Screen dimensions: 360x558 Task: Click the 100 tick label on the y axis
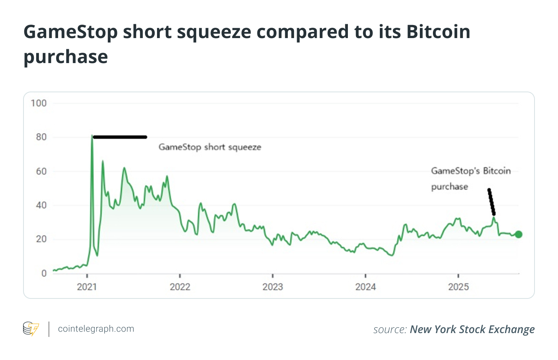(38, 103)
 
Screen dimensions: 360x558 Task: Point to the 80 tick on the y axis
(41, 137)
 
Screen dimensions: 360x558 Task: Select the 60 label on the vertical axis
(41, 172)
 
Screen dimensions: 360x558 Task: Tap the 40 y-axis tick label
(41, 205)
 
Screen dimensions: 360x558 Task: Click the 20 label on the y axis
(41, 239)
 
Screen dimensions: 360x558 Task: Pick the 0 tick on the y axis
(44, 273)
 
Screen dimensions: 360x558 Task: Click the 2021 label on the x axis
(87, 287)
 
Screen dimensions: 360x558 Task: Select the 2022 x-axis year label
(180, 287)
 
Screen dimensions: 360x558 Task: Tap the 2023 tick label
(273, 287)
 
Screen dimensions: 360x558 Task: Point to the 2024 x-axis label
(366, 287)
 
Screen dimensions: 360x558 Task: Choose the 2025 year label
(458, 287)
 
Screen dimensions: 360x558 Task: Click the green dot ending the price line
(518, 234)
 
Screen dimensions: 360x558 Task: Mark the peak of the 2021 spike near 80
(92, 136)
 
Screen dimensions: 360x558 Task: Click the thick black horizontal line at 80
(120, 137)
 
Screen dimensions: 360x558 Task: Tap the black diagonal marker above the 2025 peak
(491, 202)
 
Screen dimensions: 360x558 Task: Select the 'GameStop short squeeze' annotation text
(210, 147)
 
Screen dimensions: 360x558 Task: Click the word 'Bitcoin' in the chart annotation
(497, 171)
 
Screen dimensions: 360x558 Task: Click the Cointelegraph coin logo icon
(31, 329)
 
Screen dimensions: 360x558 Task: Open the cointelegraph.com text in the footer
(96, 329)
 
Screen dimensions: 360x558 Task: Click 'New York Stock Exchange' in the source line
(472, 330)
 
